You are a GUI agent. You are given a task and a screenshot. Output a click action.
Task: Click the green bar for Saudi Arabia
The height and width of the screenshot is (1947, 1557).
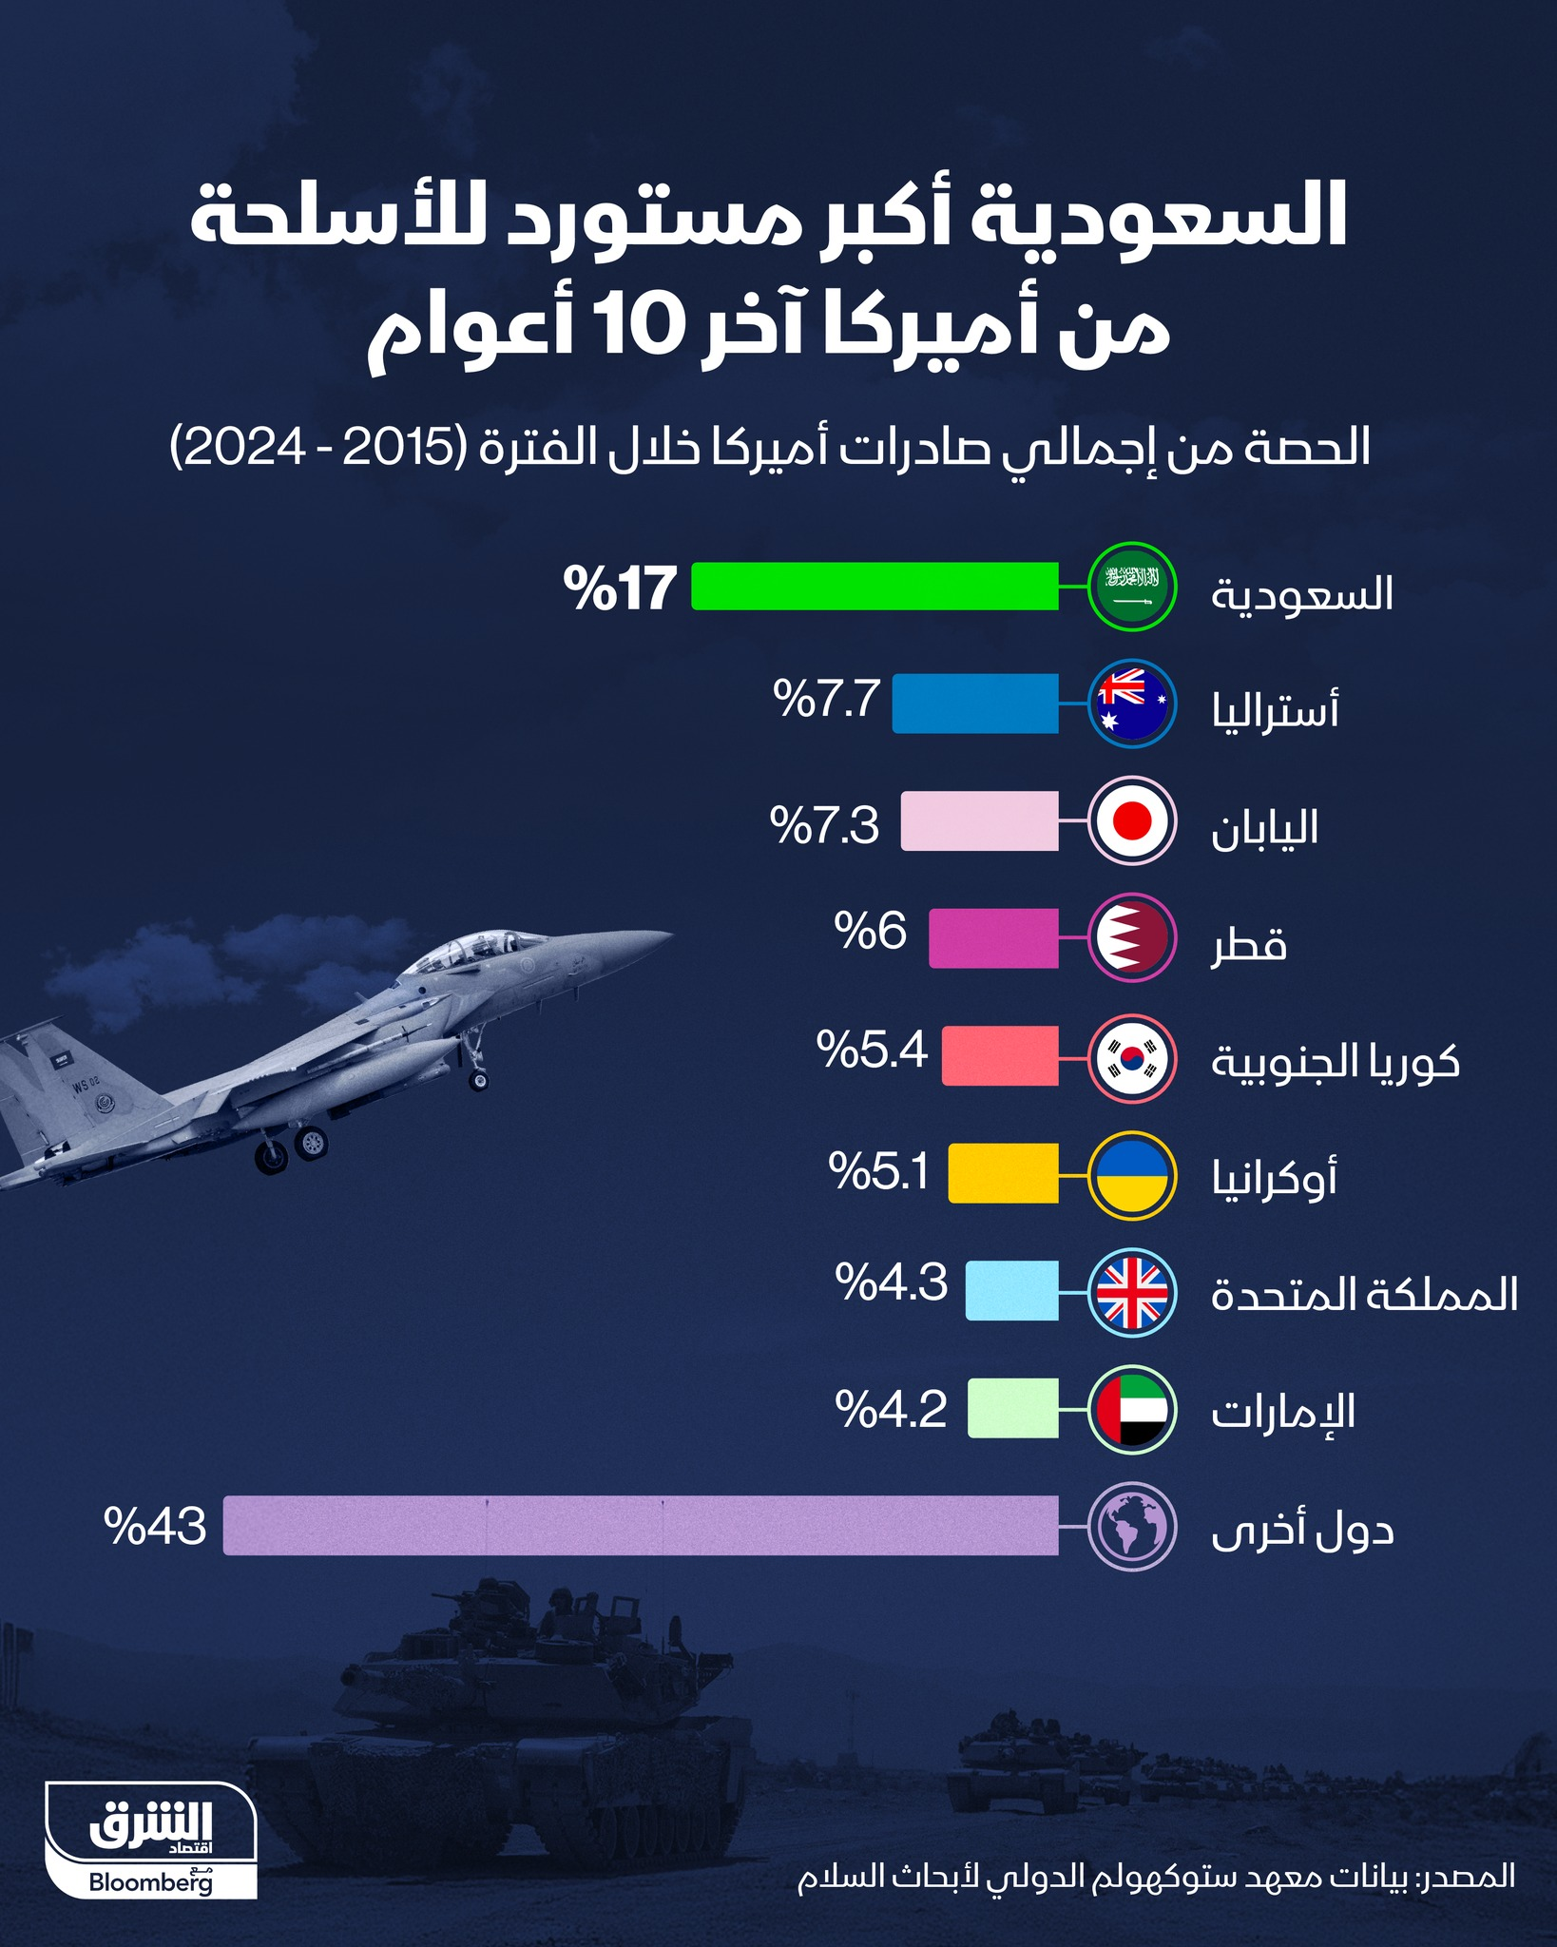click(x=875, y=586)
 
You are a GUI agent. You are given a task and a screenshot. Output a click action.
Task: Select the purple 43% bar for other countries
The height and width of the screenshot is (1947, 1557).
click(x=641, y=1526)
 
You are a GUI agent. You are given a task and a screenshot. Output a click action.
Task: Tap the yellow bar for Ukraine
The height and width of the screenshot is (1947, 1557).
click(x=1003, y=1173)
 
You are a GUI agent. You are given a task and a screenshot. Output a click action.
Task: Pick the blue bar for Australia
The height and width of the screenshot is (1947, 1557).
click(x=975, y=704)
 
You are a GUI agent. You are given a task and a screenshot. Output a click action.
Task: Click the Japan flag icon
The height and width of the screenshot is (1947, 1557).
click(x=1132, y=820)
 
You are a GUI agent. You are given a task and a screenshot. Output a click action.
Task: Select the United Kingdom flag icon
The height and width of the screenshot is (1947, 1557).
click(x=1132, y=1291)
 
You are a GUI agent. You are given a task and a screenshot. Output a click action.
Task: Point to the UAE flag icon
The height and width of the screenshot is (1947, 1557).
click(x=1132, y=1409)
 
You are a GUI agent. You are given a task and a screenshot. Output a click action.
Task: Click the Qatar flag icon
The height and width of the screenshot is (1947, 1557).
click(x=1132, y=938)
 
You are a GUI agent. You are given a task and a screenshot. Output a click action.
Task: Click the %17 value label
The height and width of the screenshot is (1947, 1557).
click(x=620, y=588)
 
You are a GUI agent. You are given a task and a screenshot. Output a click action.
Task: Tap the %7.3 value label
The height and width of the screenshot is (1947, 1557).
click(x=824, y=823)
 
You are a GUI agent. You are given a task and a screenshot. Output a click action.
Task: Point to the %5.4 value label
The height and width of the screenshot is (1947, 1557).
click(x=871, y=1050)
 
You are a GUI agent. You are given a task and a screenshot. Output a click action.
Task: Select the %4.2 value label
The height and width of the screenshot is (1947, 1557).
click(x=891, y=1408)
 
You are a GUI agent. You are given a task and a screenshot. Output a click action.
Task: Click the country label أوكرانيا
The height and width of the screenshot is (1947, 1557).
click(x=1274, y=1177)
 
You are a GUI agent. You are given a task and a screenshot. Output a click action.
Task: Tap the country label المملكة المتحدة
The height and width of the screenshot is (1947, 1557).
click(x=1364, y=1295)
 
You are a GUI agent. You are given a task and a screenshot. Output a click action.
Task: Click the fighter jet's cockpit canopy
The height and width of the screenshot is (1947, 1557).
click(x=480, y=947)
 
